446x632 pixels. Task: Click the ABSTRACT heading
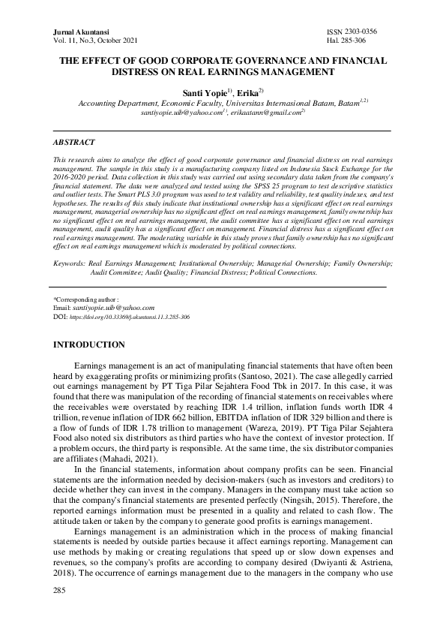tap(73, 142)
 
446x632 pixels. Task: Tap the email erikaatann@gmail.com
tap(268, 112)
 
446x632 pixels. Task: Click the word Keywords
tap(69, 264)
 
